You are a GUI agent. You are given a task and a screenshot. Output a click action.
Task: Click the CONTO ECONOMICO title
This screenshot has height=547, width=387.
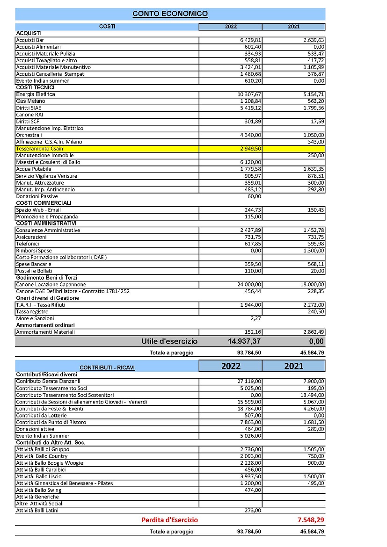pyautogui.click(x=170, y=14)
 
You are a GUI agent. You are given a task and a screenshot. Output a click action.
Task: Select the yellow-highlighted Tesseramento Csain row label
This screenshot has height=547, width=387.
pyautogui.click(x=40, y=149)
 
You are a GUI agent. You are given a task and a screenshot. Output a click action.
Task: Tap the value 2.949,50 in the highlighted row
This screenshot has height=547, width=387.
pyautogui.click(x=250, y=149)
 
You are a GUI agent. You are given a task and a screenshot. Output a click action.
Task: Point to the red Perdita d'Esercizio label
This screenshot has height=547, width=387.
pyautogui.click(x=169, y=520)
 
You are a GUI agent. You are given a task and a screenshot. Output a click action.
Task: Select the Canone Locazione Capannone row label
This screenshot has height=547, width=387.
pyautogui.click(x=51, y=284)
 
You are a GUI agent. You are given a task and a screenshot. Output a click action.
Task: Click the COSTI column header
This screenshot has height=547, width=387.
pyautogui.click(x=107, y=27)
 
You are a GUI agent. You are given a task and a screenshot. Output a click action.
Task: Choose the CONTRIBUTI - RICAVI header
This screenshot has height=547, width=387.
pyautogui.click(x=107, y=367)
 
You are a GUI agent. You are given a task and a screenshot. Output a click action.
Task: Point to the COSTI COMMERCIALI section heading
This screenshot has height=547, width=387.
pyautogui.click(x=44, y=203)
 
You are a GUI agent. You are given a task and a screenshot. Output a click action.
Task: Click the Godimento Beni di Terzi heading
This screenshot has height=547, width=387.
pyautogui.click(x=47, y=278)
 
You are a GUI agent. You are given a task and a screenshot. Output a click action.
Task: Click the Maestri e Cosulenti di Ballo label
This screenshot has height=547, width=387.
pyautogui.click(x=48, y=162)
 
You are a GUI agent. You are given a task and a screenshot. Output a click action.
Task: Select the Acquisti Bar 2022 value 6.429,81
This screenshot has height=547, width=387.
pyautogui.click(x=250, y=40)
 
